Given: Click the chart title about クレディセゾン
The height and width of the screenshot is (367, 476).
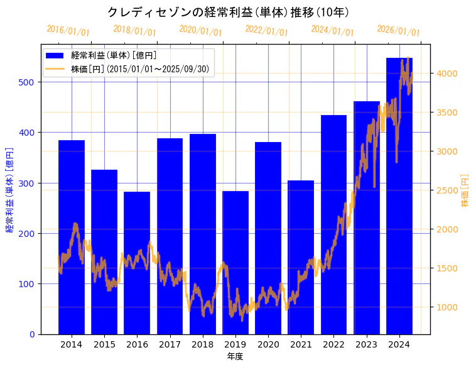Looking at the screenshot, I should (228, 12).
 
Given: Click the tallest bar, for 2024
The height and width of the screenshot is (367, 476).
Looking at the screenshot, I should (399, 195).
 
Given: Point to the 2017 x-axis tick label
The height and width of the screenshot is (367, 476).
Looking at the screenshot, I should (170, 344).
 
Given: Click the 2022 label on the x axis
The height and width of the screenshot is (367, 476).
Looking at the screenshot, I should (333, 344).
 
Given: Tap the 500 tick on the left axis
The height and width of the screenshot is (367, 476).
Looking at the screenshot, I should (29, 82).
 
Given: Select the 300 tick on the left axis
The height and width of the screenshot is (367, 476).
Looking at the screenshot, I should (29, 183).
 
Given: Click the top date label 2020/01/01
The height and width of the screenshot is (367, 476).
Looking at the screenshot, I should (200, 30).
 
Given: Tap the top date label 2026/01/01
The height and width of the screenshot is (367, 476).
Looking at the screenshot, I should (398, 30).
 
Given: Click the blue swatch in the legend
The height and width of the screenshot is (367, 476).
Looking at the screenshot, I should (56, 56).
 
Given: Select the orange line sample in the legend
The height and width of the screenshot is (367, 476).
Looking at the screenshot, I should (56, 69).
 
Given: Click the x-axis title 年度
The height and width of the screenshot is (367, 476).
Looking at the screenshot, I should (235, 356).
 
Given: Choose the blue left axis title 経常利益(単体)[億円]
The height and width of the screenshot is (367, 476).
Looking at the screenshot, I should (9, 190).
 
